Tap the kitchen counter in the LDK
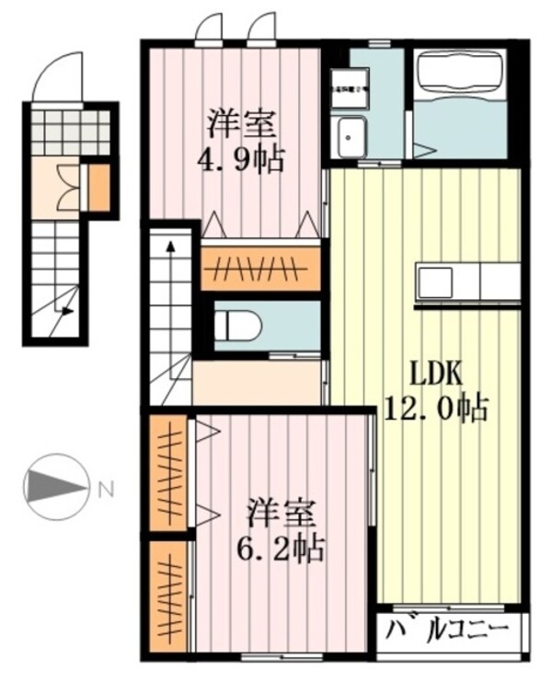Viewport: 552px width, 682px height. point(467,283)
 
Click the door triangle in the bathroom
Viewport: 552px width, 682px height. point(422,148)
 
